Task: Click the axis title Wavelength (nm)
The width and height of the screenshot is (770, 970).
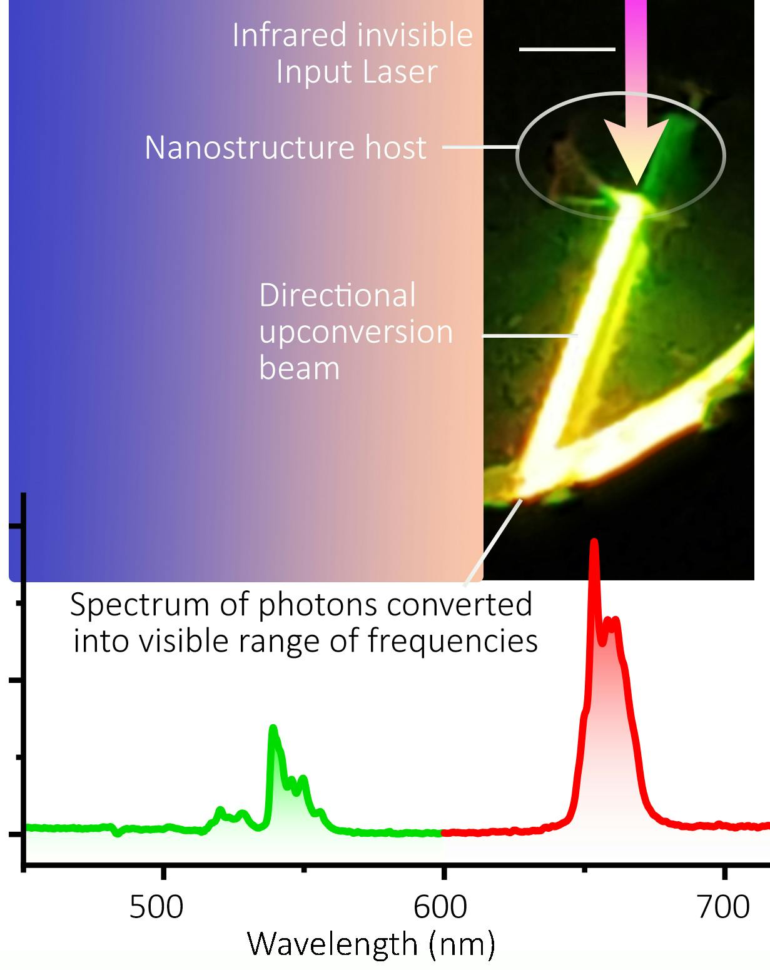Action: tap(371, 944)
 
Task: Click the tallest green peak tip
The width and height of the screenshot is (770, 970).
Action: tap(272, 728)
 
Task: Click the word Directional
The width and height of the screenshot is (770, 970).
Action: tap(337, 295)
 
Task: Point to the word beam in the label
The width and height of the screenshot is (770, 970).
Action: tap(299, 368)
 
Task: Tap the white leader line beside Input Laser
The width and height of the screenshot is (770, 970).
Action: tap(567, 49)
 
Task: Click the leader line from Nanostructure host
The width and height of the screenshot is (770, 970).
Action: tap(480, 148)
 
